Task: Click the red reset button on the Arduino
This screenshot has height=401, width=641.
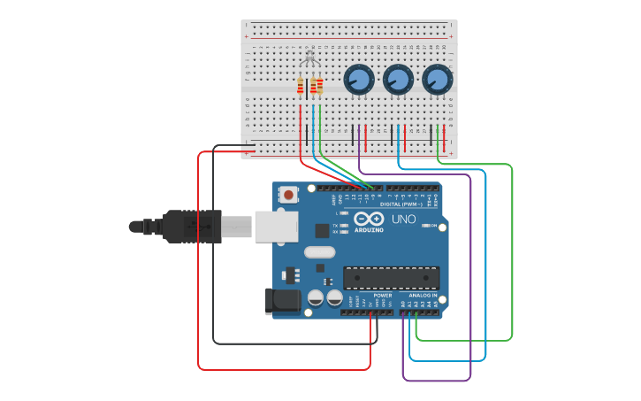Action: coord(289,194)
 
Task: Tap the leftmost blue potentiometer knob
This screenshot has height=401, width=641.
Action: coord(358,80)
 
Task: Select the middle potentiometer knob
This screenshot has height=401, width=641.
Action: coord(397,80)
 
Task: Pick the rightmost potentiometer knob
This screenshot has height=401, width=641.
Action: coord(436,80)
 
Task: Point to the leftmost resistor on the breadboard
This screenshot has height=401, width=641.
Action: coord(301,87)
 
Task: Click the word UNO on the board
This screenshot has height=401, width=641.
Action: coord(403,219)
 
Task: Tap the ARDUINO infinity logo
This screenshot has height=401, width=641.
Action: coord(368,219)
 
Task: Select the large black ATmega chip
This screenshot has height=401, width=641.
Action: coord(391,277)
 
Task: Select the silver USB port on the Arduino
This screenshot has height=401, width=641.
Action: coord(276,227)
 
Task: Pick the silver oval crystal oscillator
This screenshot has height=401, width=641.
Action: coord(319,252)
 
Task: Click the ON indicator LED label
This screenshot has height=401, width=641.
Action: coord(433,226)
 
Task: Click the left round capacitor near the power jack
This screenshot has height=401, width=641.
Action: coord(316,298)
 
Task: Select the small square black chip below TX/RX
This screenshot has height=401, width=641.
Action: coord(322,231)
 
